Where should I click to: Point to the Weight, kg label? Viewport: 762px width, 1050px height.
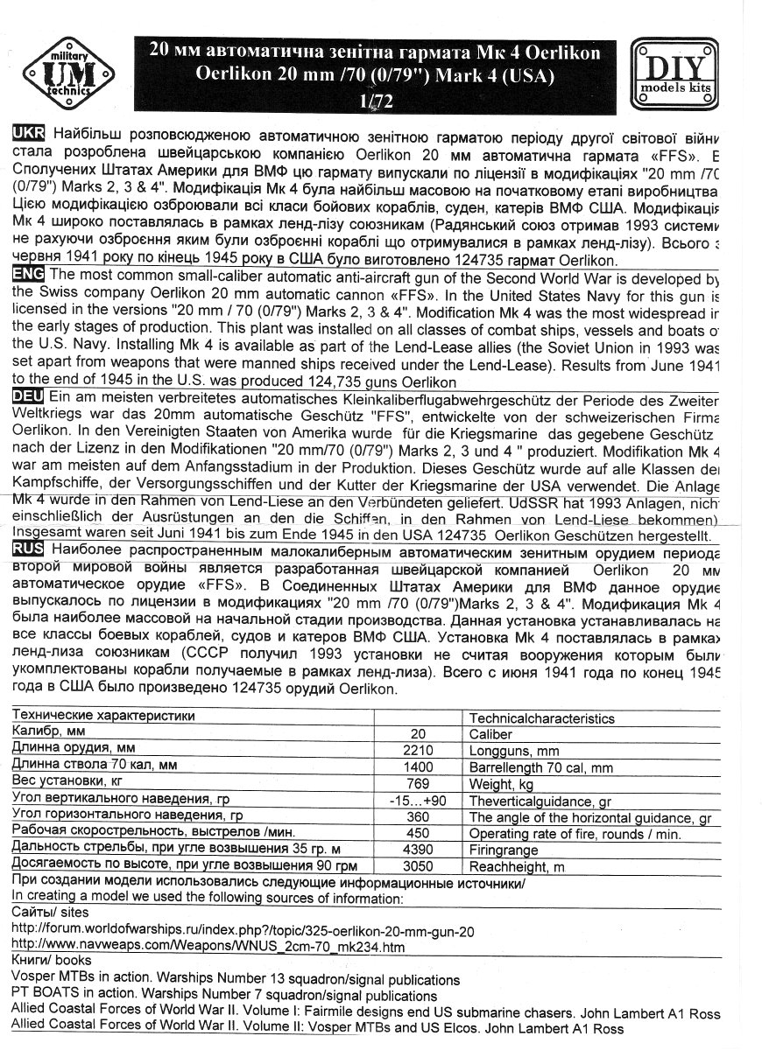(501, 784)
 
